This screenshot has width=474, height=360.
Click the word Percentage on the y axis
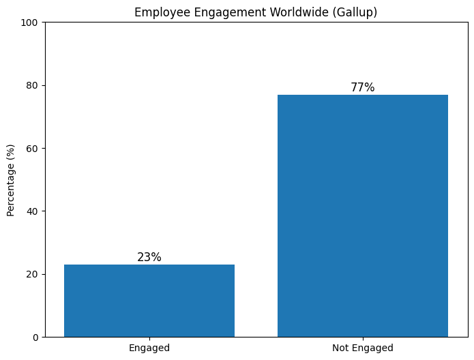[x=11, y=187]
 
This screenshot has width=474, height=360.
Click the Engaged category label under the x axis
[x=149, y=348]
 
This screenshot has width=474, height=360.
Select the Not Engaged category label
[x=363, y=348]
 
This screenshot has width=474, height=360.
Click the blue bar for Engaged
[x=149, y=301]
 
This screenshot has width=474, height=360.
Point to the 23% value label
[x=149, y=257]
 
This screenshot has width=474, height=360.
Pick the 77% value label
[x=363, y=87]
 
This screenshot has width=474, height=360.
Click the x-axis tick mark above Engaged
[x=149, y=338]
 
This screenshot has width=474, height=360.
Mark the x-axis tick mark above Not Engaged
[x=363, y=338]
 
